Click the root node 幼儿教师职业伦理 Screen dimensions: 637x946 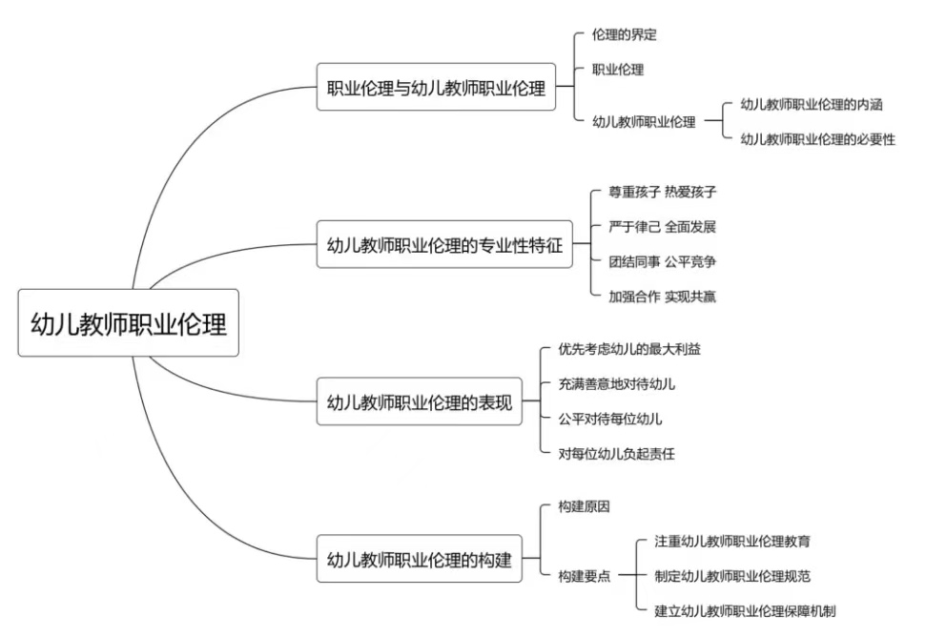pos(128,324)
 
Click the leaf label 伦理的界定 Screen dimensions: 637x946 pos(624,35)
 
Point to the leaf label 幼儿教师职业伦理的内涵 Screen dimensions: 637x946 pos(817,105)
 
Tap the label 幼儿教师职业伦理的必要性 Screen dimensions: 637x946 pos(817,139)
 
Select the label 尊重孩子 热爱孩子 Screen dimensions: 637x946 pos(662,192)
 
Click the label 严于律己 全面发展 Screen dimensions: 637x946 pos(662,227)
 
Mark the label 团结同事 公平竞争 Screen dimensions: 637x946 pos(662,261)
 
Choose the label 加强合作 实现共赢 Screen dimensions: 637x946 pos(662,297)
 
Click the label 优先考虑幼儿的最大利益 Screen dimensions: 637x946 pos(629,349)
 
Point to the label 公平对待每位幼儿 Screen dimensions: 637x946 pos(610,419)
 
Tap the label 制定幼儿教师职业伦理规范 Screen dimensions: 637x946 pos(732,576)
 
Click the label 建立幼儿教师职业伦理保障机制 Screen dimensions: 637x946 pos(745,610)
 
